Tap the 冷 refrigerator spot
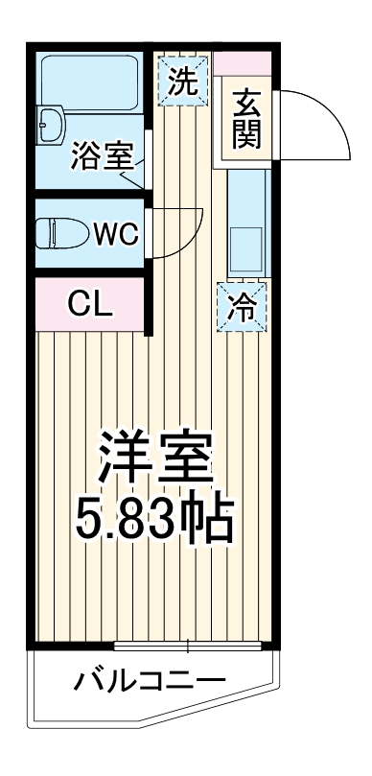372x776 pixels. pyautogui.click(x=243, y=307)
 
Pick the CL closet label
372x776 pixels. pyautogui.click(x=91, y=305)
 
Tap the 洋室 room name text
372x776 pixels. pyautogui.click(x=154, y=459)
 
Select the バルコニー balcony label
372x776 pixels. pyautogui.click(x=150, y=683)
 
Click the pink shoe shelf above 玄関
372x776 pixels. pyautogui.click(x=244, y=65)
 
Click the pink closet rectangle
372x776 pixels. pyautogui.click(x=91, y=305)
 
